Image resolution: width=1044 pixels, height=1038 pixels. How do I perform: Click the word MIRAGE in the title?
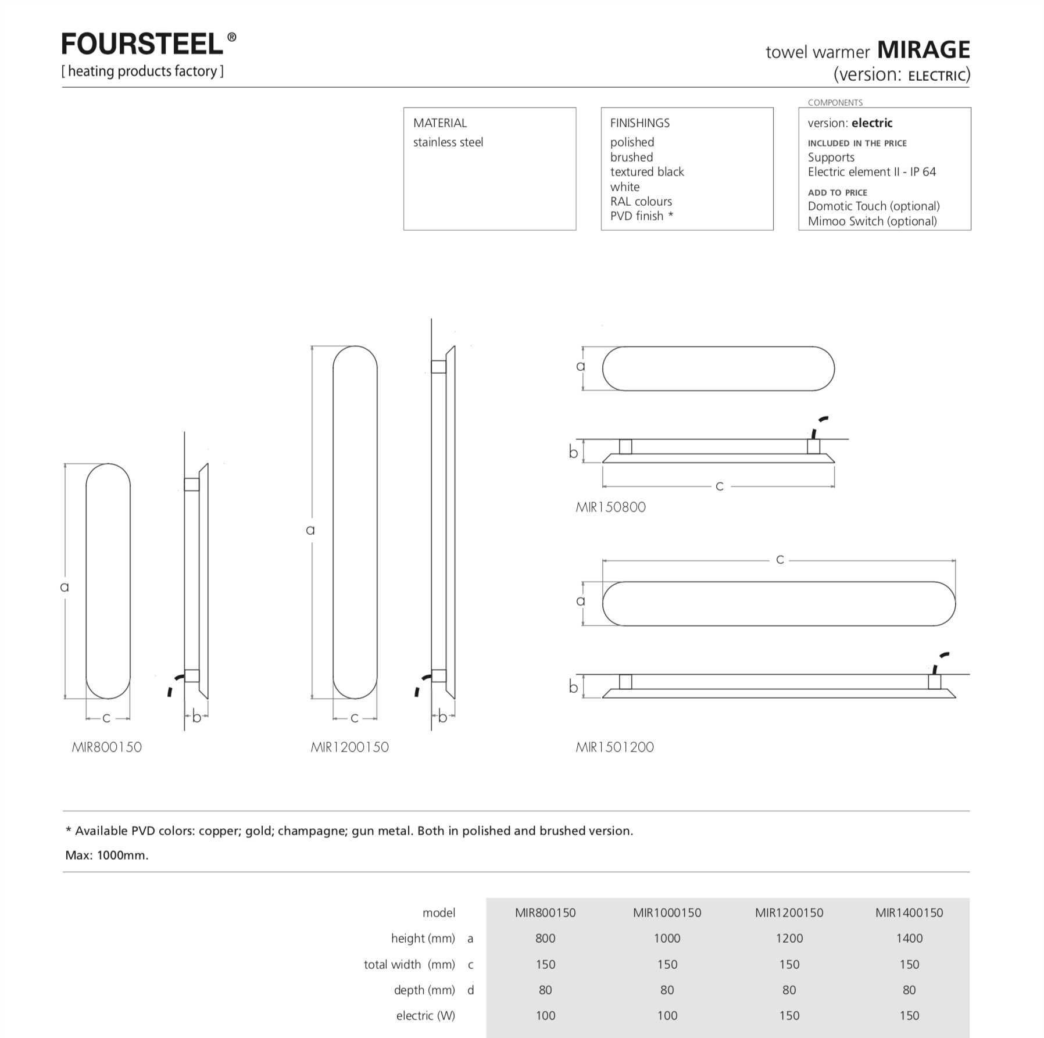pos(923,50)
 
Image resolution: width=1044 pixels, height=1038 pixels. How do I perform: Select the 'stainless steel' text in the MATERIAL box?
pos(448,142)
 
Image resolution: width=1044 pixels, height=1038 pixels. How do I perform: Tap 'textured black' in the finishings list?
pos(646,172)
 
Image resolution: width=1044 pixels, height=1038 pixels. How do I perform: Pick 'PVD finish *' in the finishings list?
pos(641,216)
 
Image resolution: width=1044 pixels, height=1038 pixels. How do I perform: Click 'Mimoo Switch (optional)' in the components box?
pos(872,221)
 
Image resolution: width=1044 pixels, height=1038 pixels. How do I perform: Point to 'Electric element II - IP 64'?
pos(871,172)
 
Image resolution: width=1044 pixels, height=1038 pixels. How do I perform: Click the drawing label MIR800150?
pos(106,747)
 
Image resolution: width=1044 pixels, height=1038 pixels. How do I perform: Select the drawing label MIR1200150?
pos(349,747)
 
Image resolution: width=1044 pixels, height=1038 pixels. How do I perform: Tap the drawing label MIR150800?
pos(610,507)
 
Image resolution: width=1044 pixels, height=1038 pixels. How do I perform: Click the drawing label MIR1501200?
pos(614,747)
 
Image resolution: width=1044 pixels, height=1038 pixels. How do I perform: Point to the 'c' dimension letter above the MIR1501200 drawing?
pos(780,560)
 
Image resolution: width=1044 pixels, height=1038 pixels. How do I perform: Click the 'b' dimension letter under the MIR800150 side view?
pos(196,718)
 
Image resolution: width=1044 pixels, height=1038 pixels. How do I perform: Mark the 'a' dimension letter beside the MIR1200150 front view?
pos(310,530)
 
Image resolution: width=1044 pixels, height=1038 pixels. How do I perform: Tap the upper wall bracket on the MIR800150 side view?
pos(192,484)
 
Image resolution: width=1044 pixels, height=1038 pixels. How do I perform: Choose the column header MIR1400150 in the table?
pos(909,913)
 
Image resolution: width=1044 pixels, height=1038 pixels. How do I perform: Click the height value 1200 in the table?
pos(789,939)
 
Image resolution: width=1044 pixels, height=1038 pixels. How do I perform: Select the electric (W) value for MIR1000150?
pos(667,1016)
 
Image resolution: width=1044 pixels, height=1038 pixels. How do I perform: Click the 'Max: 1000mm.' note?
pos(107,856)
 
